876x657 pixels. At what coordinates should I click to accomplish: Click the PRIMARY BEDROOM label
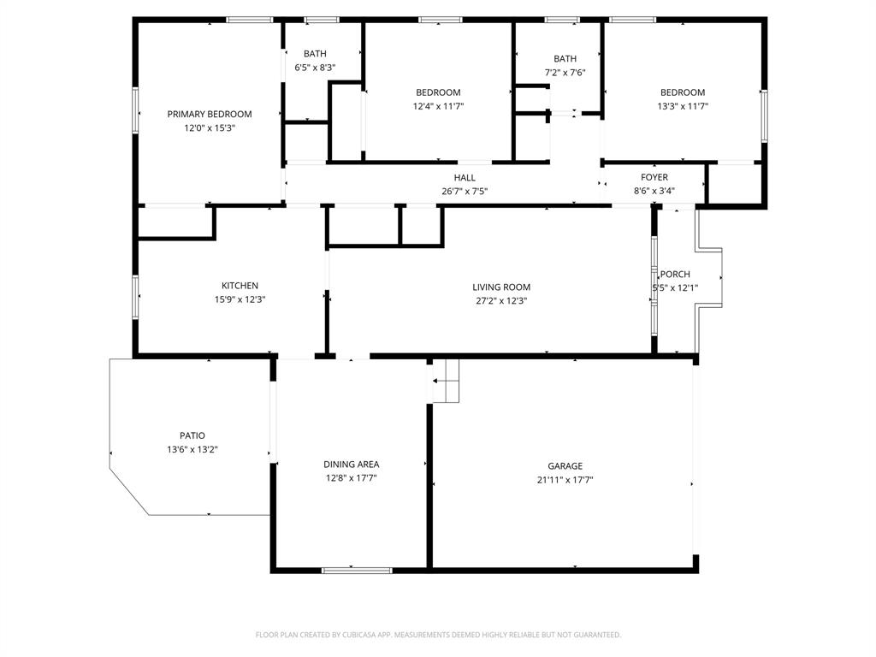point(210,114)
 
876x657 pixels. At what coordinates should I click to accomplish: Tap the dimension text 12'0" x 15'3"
point(210,127)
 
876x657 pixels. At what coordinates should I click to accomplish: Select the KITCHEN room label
point(240,286)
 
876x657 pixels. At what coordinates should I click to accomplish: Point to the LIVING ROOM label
point(501,287)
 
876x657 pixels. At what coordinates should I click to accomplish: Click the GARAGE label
point(565,466)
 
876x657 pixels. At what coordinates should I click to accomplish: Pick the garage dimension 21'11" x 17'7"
point(565,480)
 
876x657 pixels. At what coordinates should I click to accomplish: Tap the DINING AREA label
point(351,465)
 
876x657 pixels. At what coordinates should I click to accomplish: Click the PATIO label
point(192,435)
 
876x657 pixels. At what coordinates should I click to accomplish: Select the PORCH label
point(675,274)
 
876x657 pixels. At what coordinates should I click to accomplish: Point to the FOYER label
point(654,177)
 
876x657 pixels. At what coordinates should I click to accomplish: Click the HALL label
point(465,177)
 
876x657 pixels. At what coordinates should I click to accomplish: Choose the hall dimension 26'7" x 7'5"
point(465,191)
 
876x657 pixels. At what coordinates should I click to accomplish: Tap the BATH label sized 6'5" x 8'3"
point(315,54)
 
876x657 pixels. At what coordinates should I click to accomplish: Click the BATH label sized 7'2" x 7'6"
point(565,59)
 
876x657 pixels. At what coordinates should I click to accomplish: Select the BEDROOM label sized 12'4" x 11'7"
point(438,92)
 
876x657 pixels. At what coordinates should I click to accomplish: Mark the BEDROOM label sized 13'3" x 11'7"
point(682,92)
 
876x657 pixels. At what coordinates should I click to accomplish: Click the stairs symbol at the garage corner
point(445,381)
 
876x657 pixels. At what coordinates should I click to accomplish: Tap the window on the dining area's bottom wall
point(357,570)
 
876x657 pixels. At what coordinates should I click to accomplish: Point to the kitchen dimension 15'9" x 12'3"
point(240,299)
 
